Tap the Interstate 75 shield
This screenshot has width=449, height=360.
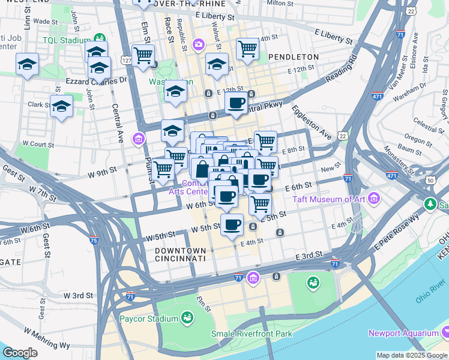(x=93, y=240)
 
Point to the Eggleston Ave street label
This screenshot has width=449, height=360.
(x=312, y=123)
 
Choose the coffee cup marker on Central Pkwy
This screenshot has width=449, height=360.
(x=237, y=103)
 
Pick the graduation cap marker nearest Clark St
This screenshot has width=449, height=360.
(x=61, y=106)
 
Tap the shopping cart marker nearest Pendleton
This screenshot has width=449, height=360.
(x=247, y=49)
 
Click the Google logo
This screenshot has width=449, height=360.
(x=20, y=353)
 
